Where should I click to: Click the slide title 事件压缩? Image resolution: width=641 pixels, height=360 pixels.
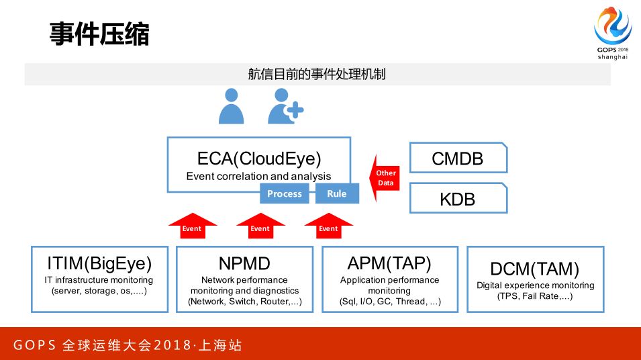99,34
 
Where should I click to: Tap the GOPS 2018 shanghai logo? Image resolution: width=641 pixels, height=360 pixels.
612,34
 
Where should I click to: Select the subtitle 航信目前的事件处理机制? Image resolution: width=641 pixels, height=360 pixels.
317,74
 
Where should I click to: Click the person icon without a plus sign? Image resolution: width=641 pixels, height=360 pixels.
231,106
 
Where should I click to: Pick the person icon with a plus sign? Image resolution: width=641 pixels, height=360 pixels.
285,106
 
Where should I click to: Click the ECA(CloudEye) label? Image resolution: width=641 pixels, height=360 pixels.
259,159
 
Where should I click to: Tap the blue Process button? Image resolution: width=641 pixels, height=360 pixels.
285,193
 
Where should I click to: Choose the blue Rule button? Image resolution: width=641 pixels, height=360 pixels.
337,193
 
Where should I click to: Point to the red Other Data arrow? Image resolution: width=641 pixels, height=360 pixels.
383,178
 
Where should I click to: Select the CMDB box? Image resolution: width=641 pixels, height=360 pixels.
458,159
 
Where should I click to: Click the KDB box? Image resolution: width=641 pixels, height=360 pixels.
458,199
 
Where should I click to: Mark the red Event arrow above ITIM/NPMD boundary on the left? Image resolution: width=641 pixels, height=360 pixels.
192,225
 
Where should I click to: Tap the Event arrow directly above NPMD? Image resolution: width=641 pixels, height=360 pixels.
260,225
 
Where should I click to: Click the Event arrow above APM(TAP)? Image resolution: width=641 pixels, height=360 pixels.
328,225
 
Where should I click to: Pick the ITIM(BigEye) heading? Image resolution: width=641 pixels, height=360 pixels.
99,263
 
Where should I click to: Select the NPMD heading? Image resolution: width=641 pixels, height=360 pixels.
244,263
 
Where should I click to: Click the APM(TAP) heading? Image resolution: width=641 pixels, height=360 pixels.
389,263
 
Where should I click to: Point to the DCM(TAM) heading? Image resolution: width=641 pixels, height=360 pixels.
534,269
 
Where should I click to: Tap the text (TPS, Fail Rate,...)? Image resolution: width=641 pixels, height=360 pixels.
534,296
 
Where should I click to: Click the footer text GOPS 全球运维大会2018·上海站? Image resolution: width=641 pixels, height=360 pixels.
128,346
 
